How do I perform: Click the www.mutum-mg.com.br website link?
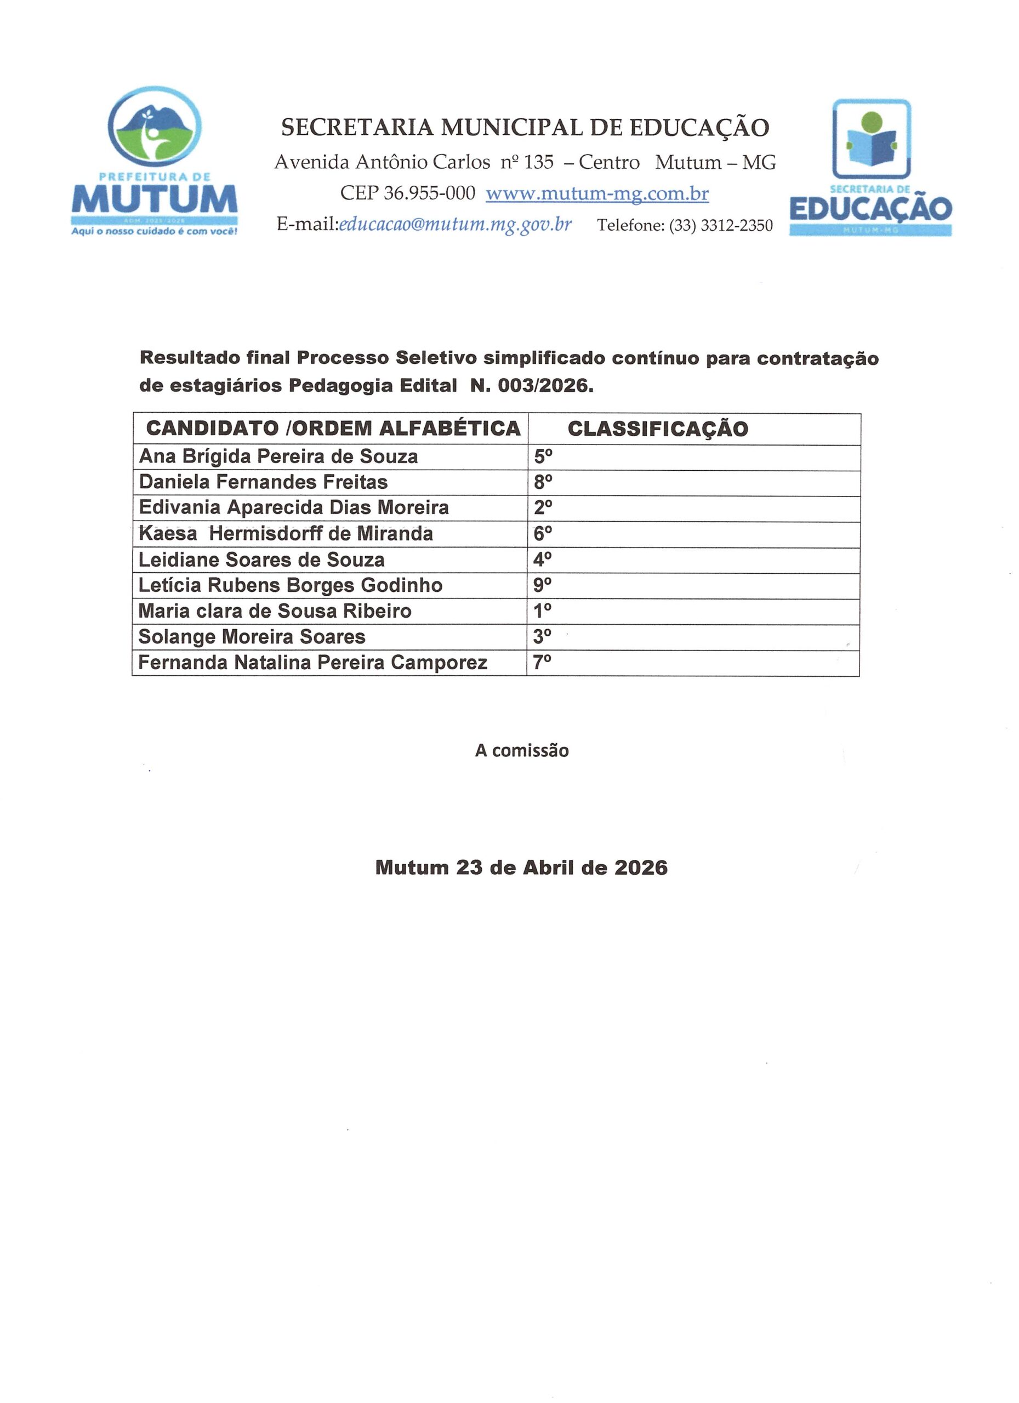point(597,193)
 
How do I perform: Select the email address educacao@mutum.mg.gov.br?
point(455,225)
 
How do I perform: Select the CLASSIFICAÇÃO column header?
point(658,429)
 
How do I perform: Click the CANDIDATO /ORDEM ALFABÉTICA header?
point(333,429)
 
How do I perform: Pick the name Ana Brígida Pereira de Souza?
point(278,457)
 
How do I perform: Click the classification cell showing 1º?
point(543,611)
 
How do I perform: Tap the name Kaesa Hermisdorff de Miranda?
point(286,534)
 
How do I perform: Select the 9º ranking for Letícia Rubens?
point(543,585)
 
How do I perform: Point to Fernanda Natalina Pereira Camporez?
point(312,663)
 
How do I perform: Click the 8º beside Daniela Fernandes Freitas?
point(543,482)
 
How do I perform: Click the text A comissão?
point(522,751)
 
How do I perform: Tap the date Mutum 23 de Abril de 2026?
point(522,868)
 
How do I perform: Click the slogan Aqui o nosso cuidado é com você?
point(155,231)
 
